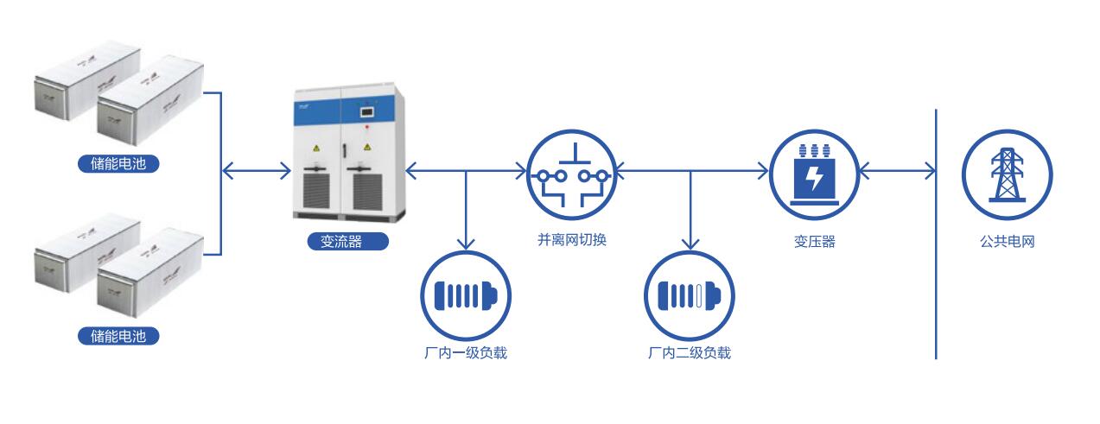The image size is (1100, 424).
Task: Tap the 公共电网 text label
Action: [x=1007, y=242]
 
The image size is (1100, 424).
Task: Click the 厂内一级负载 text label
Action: [x=467, y=353]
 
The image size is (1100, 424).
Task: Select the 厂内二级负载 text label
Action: [x=690, y=353]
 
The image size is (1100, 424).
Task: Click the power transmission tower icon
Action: [x=1007, y=174]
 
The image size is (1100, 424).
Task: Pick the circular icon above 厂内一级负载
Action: [x=467, y=295]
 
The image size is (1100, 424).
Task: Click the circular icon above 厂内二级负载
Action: [x=690, y=295]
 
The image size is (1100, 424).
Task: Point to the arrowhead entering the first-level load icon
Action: [x=467, y=243]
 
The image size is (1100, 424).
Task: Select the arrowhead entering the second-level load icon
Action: [x=690, y=243]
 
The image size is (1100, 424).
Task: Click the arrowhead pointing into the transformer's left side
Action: [x=763, y=171]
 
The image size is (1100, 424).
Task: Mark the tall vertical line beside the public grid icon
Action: [x=936, y=233]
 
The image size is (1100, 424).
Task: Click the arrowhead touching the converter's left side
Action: [x=285, y=171]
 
